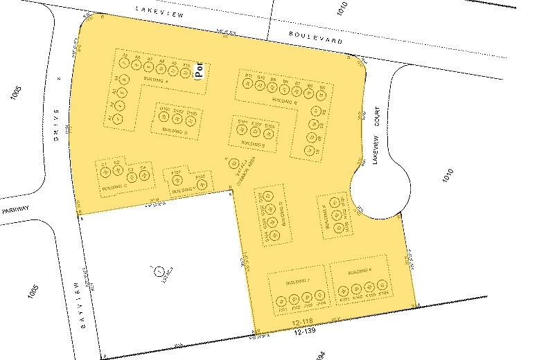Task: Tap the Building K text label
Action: click(x=360, y=270)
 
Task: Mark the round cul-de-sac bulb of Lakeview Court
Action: click(x=378, y=187)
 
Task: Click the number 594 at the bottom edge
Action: click(x=321, y=354)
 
